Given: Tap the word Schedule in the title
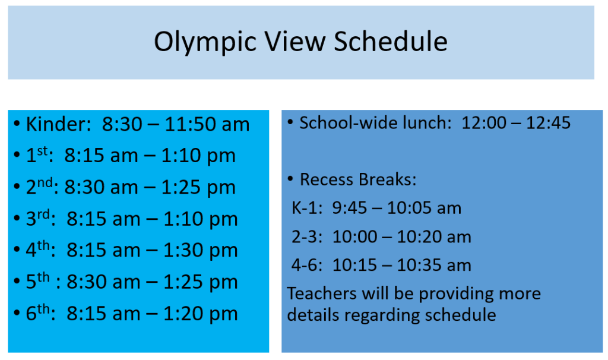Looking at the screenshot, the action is click(x=391, y=41).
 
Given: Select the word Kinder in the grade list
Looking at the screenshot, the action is click(x=58, y=125).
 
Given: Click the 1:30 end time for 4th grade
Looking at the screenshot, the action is click(x=185, y=250).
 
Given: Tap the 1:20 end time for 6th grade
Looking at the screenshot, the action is click(x=185, y=314).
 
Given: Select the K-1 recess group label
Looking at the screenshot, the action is click(x=307, y=209).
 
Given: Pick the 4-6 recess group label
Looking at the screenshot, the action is click(x=307, y=266).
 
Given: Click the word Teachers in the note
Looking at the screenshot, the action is click(x=321, y=293).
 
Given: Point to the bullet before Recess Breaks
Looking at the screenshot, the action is click(x=290, y=179).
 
